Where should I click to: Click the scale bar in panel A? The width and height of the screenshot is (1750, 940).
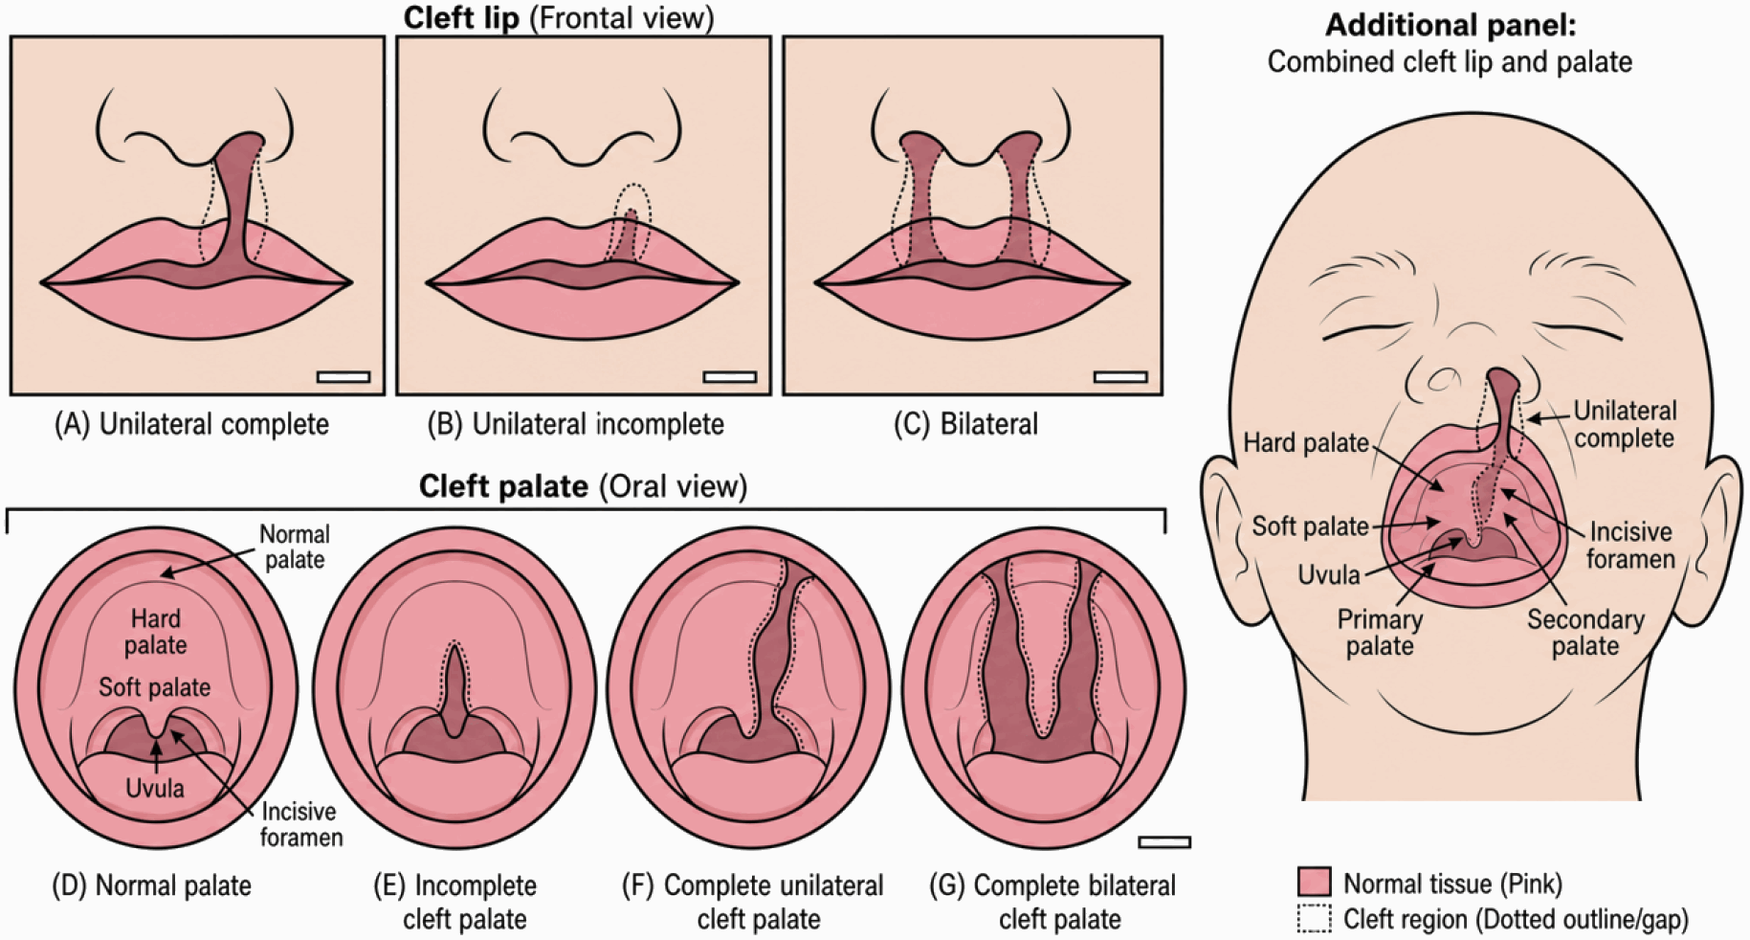point(343,376)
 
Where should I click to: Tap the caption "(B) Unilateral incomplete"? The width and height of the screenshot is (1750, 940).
point(575,424)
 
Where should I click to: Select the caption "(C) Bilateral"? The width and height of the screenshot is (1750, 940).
point(965,424)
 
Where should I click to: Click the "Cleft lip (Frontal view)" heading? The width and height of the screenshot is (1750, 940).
point(559,18)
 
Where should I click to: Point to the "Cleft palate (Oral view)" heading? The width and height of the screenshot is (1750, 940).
point(583,486)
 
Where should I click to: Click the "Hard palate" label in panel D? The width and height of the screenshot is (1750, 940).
point(155,632)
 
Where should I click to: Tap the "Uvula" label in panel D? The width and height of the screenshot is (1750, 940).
point(155,789)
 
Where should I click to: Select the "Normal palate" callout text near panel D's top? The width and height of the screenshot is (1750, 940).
point(295,547)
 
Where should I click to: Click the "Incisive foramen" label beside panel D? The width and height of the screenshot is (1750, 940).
point(301,824)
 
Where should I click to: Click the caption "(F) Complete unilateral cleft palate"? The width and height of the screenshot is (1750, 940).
point(753,902)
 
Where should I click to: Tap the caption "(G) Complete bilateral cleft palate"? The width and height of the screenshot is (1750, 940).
point(1052,902)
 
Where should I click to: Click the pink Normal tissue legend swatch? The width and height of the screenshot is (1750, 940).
point(1314,882)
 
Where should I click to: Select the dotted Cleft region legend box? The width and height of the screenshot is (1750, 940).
point(1314,919)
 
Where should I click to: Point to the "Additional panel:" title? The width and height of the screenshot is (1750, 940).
point(1450,25)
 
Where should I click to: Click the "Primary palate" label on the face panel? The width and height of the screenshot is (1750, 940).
point(1380,633)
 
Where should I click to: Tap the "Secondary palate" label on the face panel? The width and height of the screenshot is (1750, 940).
point(1585,633)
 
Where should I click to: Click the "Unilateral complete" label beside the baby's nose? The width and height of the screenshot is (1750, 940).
point(1625,424)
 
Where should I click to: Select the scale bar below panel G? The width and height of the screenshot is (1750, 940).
point(1164,842)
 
